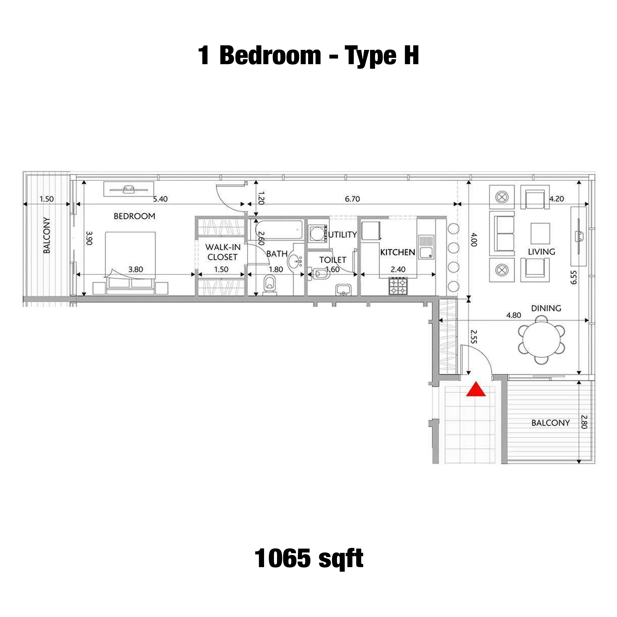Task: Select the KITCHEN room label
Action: point(398,252)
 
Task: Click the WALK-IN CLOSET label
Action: point(223,252)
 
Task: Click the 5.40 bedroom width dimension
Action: point(160,199)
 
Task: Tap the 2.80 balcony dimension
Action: point(584,421)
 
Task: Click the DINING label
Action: point(546,308)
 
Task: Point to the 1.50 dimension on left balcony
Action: point(46,199)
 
